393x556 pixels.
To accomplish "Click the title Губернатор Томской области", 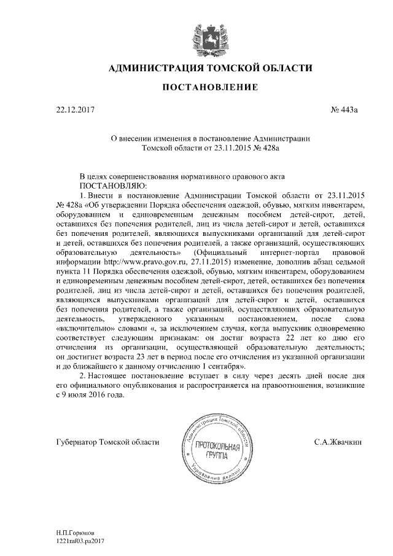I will pos(107,441).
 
